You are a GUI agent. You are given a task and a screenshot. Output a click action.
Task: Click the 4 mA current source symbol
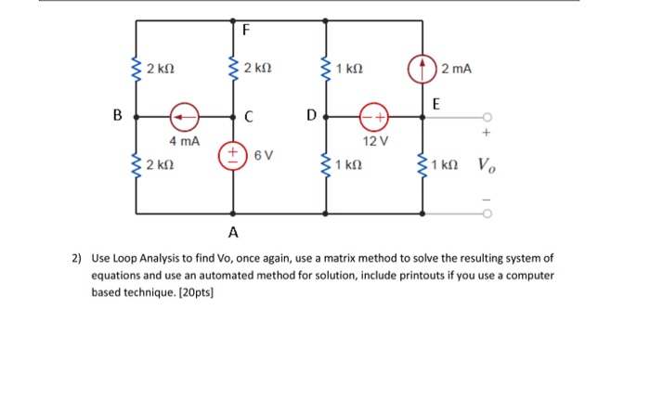pyautogui.click(x=185, y=117)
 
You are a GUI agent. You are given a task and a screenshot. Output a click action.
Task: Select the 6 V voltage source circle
pyautogui.click(x=233, y=156)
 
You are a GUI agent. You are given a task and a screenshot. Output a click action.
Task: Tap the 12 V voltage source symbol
pyautogui.click(x=374, y=117)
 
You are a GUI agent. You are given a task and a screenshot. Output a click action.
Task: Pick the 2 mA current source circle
pyautogui.click(x=422, y=70)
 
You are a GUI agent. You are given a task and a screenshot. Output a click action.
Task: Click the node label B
pyautogui.click(x=118, y=115)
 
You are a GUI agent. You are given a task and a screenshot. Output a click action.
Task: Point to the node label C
pyautogui.click(x=249, y=117)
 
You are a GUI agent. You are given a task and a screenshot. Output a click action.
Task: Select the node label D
pyautogui.click(x=311, y=115)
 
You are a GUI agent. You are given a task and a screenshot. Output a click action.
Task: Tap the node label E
pyautogui.click(x=436, y=104)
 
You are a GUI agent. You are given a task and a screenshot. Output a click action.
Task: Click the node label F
pyautogui.click(x=246, y=30)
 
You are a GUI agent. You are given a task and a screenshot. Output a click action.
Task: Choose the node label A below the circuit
pyautogui.click(x=233, y=232)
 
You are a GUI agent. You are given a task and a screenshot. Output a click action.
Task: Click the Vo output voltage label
pyautogui.click(x=487, y=165)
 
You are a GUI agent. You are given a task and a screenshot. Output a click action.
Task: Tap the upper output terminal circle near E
pyautogui.click(x=487, y=117)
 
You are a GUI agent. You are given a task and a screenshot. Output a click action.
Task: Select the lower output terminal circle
pyautogui.click(x=487, y=213)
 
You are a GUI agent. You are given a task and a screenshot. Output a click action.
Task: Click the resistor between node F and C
pyautogui.click(x=233, y=69)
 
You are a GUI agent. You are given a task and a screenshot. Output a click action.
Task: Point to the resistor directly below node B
pyautogui.click(x=136, y=165)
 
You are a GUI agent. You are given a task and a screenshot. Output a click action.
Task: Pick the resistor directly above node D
pyautogui.click(x=326, y=69)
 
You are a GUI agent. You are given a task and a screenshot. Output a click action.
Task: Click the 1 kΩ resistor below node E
pyautogui.click(x=422, y=165)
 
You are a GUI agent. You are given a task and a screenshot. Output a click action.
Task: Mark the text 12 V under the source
pyautogui.click(x=375, y=141)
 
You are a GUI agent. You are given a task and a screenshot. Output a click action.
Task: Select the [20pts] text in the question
pyautogui.click(x=196, y=292)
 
